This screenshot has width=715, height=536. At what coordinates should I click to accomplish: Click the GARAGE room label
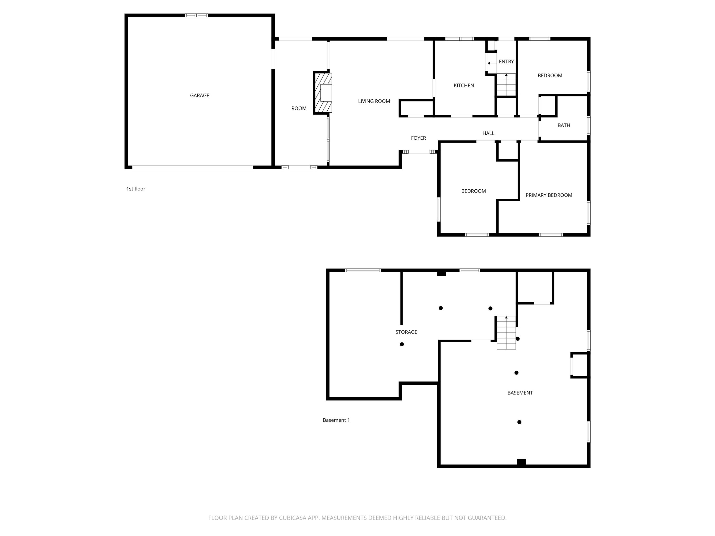(199, 95)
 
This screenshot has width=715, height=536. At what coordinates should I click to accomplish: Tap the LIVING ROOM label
(374, 101)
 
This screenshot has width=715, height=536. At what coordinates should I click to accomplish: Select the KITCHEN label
(464, 85)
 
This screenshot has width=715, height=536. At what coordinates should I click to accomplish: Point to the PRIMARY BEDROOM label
(549, 195)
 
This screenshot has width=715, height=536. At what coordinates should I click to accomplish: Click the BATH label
(564, 125)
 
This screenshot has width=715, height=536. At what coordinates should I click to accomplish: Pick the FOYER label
(419, 138)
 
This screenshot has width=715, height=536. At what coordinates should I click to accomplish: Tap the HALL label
(488, 133)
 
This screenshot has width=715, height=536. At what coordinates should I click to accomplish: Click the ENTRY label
(506, 61)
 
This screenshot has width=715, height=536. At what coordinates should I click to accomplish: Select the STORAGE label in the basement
(406, 332)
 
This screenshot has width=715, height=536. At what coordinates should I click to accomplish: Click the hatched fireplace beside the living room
(323, 93)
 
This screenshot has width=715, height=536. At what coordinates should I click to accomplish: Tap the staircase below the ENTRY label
(506, 85)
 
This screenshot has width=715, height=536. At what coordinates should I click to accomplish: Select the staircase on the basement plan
(506, 333)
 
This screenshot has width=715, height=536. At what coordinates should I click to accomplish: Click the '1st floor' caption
(136, 189)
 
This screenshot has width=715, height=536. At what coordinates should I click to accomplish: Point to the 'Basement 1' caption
(336, 420)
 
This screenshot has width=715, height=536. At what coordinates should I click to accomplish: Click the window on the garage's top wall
(196, 15)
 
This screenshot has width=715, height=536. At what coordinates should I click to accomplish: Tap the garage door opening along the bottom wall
(192, 167)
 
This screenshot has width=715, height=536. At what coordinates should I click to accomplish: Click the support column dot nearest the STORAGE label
(402, 344)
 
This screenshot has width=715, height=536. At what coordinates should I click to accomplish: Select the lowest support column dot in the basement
(519, 422)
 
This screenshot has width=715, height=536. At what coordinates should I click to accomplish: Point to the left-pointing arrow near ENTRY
(492, 63)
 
